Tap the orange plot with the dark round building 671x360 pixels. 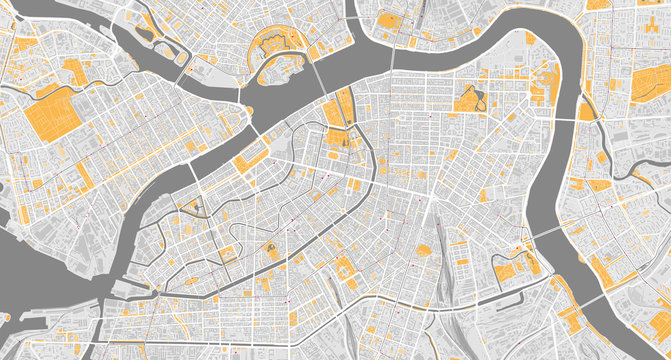271,250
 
